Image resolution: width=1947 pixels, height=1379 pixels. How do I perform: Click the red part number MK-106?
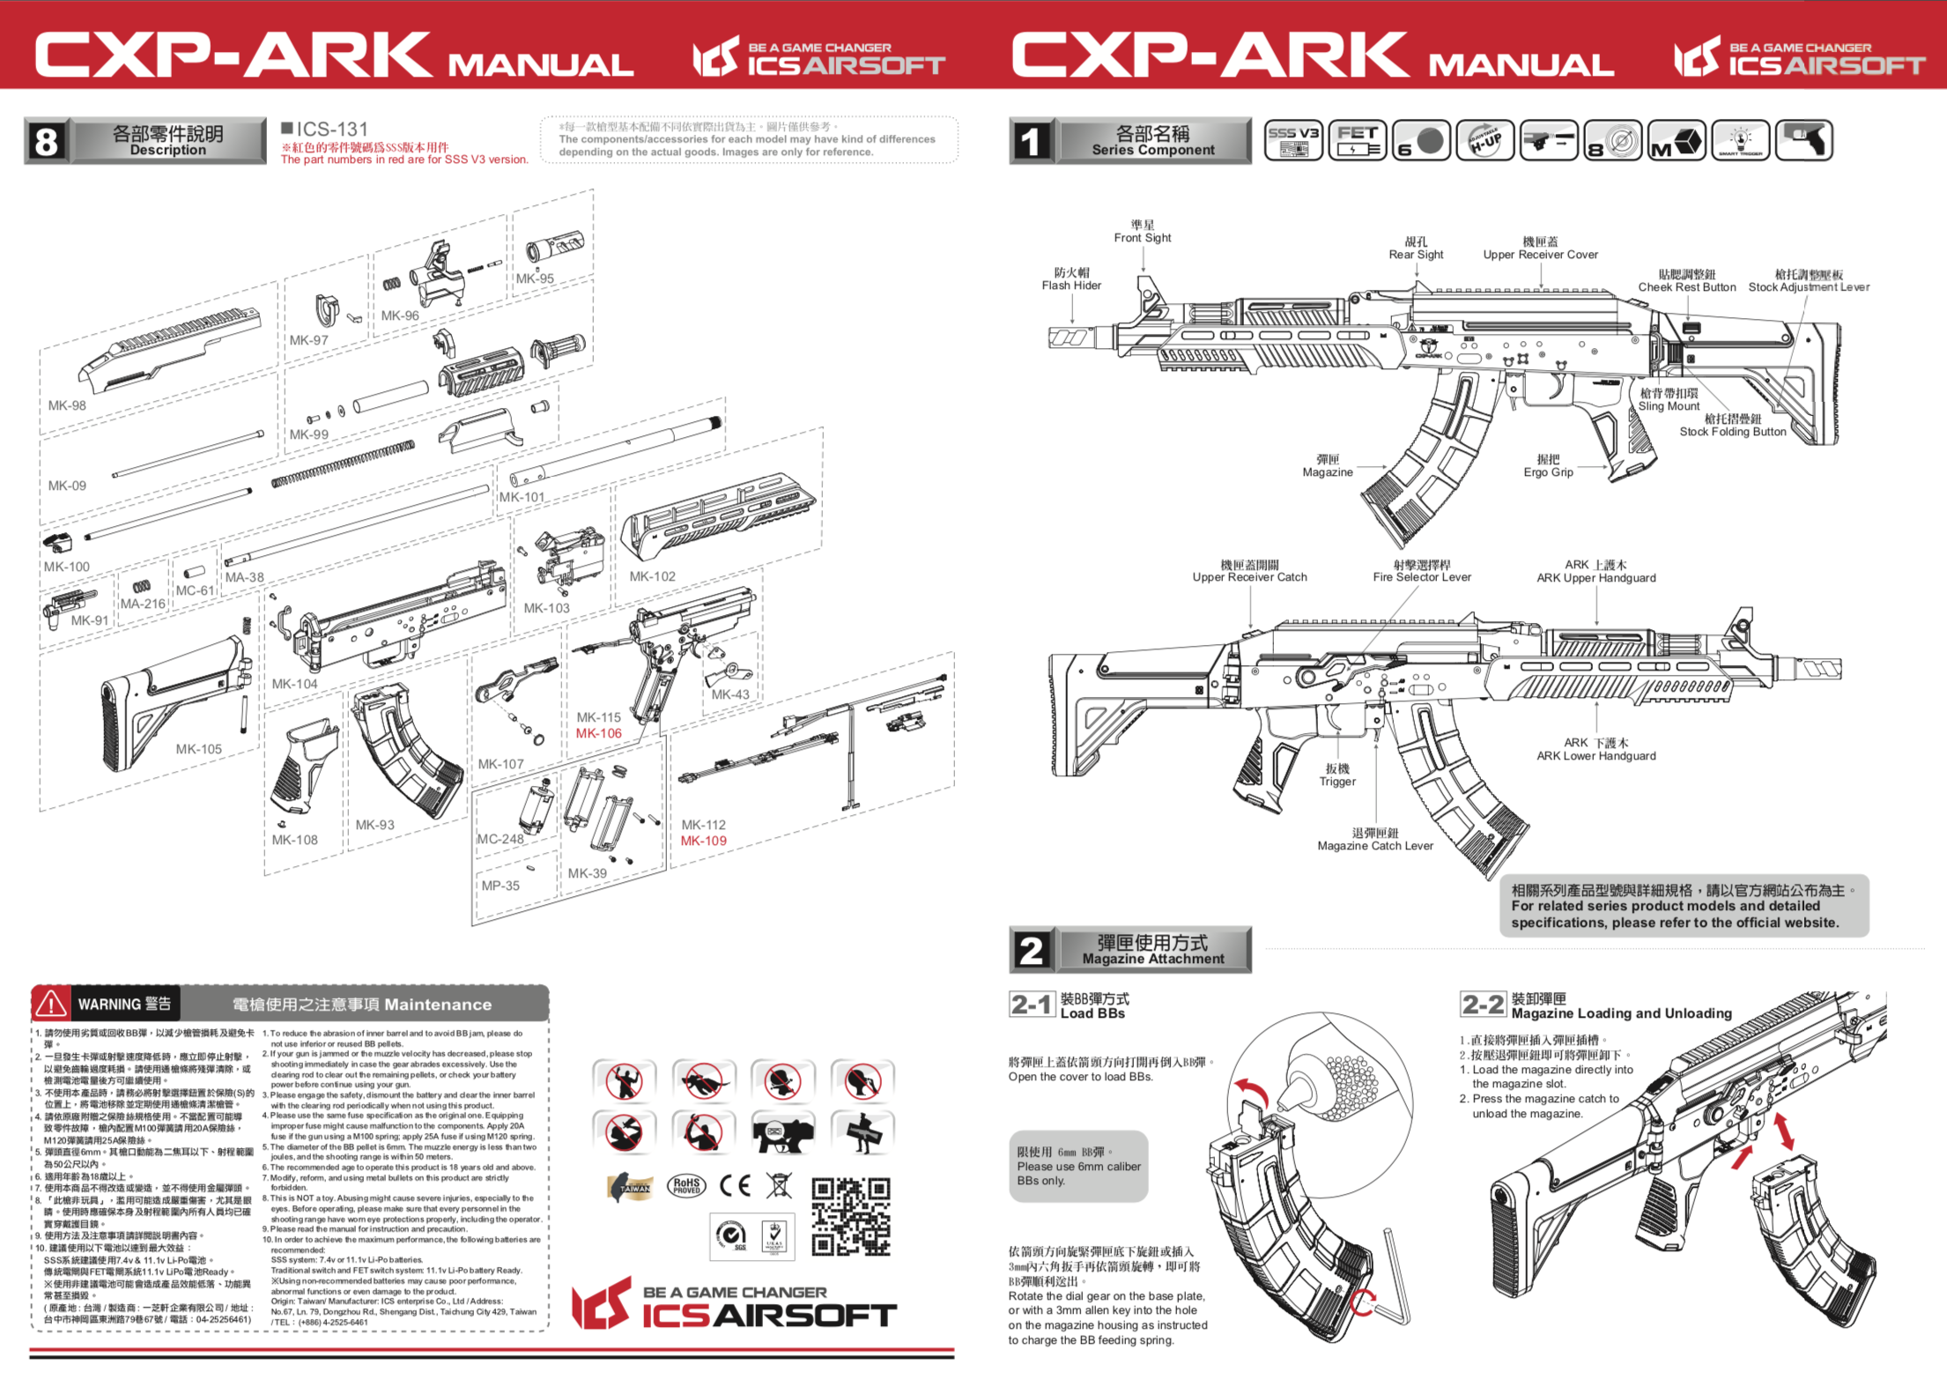598,733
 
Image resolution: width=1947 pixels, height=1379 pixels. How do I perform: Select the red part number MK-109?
703,841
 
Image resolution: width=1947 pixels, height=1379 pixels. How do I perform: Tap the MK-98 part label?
67,405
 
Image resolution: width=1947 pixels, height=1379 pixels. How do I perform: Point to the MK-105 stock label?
198,749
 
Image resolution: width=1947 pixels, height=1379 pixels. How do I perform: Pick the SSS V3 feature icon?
1292,140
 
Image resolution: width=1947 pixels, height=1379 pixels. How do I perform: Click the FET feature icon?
1357,140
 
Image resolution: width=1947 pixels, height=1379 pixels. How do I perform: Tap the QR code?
850,1216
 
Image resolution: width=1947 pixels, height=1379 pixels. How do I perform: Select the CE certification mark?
735,1185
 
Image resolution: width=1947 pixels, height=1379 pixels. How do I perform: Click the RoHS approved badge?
686,1186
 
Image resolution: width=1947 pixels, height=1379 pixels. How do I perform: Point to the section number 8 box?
47,141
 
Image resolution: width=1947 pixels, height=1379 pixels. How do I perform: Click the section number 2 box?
1031,950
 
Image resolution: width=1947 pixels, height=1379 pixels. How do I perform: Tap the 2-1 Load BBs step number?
1032,1005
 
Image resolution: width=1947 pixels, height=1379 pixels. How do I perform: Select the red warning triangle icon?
50,1004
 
